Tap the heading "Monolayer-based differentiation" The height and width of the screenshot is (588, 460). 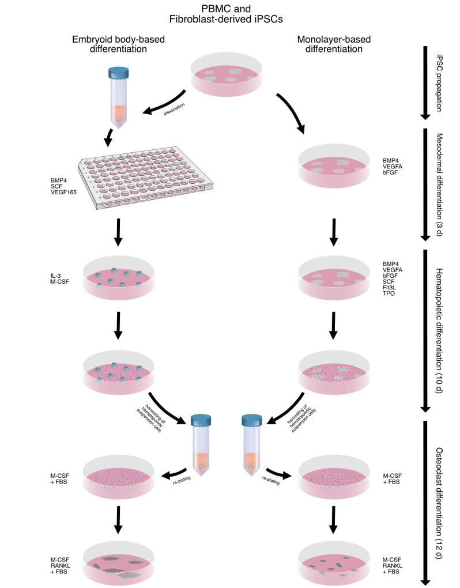click(x=333, y=45)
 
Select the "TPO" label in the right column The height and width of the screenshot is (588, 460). click(x=390, y=293)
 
